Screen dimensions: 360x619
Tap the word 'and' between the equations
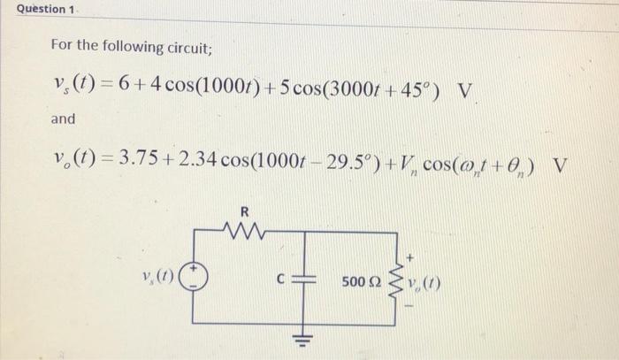63,119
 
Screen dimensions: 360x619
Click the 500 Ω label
360,283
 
